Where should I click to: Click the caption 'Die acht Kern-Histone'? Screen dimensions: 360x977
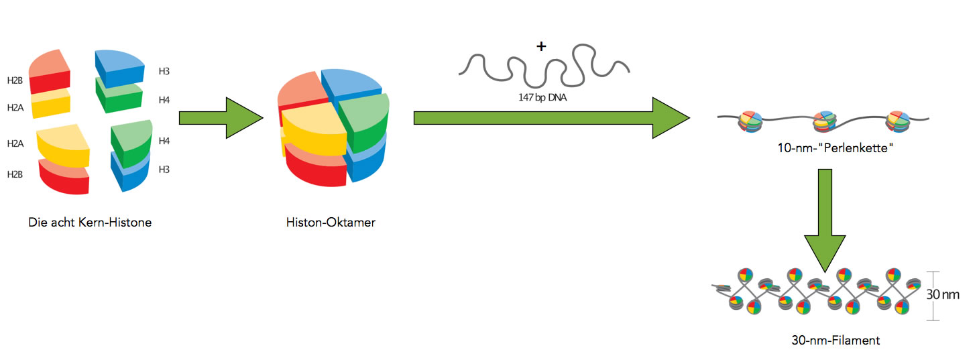(x=90, y=223)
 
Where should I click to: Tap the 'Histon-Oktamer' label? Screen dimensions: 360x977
(x=330, y=223)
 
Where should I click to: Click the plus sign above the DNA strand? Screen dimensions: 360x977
(x=541, y=46)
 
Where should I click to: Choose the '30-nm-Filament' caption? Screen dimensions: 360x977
(x=835, y=341)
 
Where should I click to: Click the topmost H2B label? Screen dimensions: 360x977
(x=15, y=80)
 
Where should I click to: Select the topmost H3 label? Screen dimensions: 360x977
(x=164, y=70)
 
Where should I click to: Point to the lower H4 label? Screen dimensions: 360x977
(x=164, y=141)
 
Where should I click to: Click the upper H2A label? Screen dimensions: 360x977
(x=15, y=107)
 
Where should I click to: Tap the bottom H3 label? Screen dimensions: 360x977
(x=164, y=170)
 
